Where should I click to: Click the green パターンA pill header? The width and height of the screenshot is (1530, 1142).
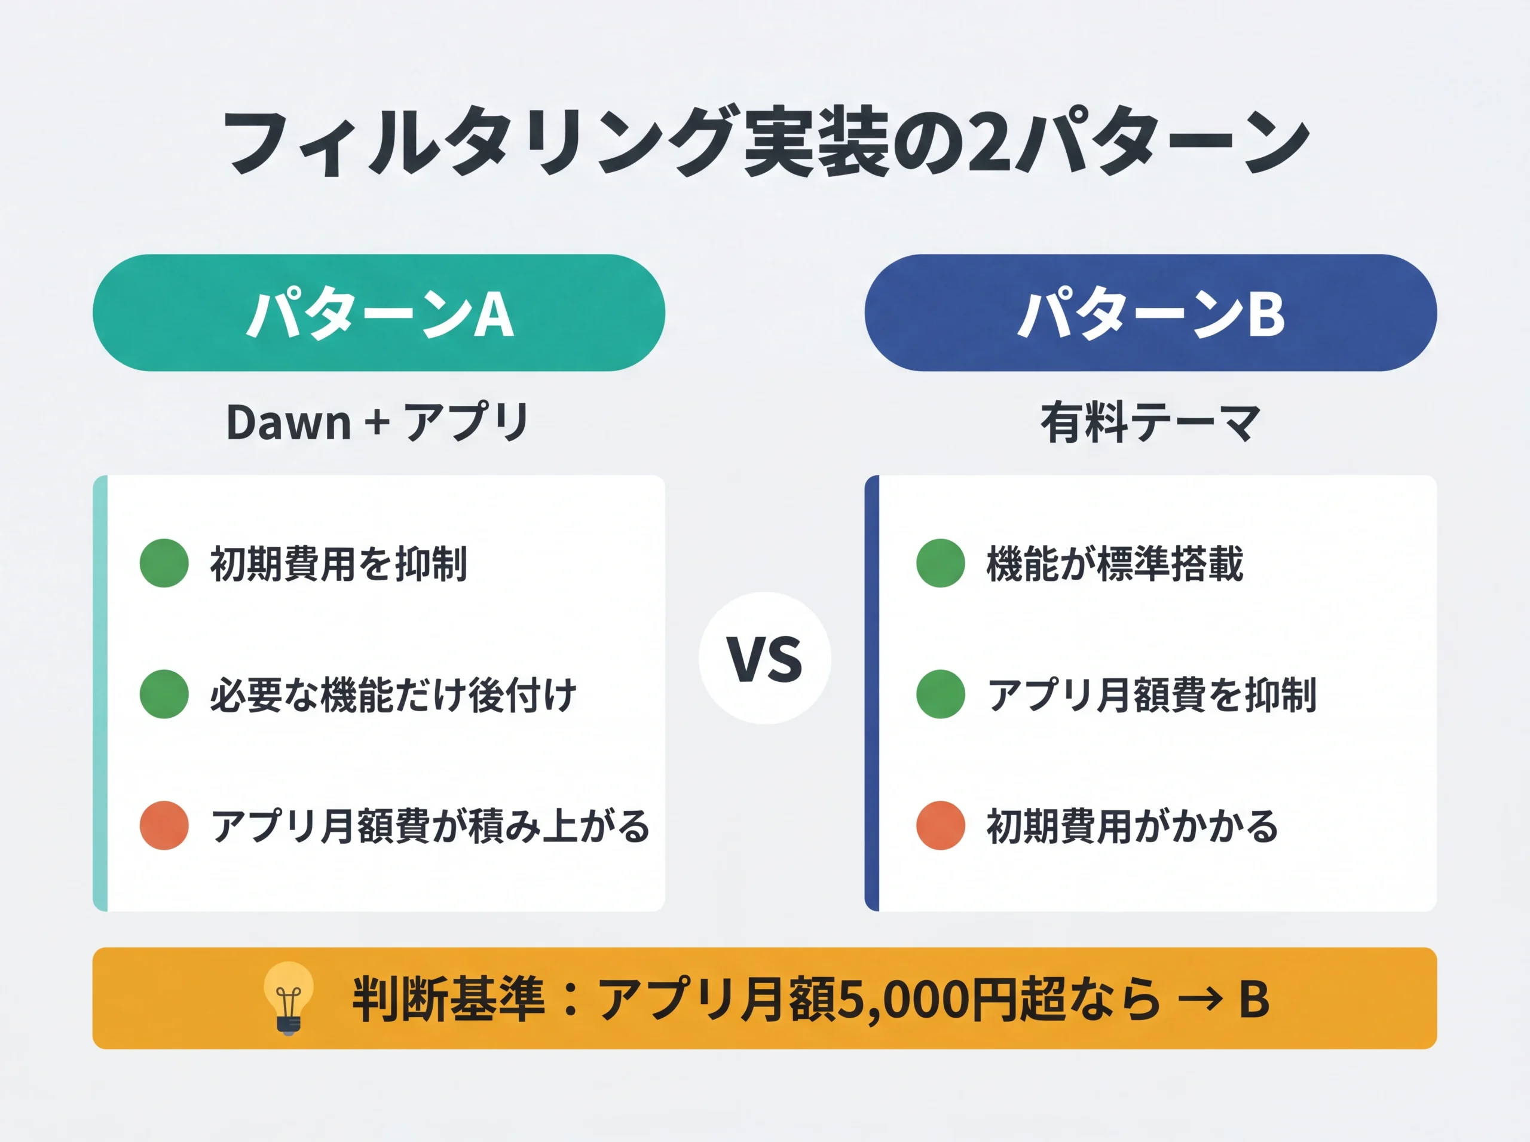379,313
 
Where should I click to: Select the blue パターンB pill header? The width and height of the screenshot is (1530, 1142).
1150,313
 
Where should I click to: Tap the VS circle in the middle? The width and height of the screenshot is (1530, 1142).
764,658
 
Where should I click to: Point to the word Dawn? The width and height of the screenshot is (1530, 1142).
288,422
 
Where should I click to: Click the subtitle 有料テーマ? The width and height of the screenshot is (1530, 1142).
1150,422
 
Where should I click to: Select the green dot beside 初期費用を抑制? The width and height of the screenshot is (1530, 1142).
164,564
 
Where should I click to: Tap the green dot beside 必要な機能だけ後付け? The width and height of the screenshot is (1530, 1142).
164,694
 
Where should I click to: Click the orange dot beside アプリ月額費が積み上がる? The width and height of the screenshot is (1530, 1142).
164,825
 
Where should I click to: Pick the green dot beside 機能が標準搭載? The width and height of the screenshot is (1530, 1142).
940,564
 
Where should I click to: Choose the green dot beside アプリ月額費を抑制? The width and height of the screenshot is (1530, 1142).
940,694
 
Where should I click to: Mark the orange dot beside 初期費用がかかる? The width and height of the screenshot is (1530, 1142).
940,825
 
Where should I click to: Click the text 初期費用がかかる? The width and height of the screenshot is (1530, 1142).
1132,826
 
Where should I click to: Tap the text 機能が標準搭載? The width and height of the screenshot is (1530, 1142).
1115,564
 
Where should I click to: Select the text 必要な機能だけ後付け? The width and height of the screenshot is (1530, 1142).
393,695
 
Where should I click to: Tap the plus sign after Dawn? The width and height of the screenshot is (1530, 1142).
378,422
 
